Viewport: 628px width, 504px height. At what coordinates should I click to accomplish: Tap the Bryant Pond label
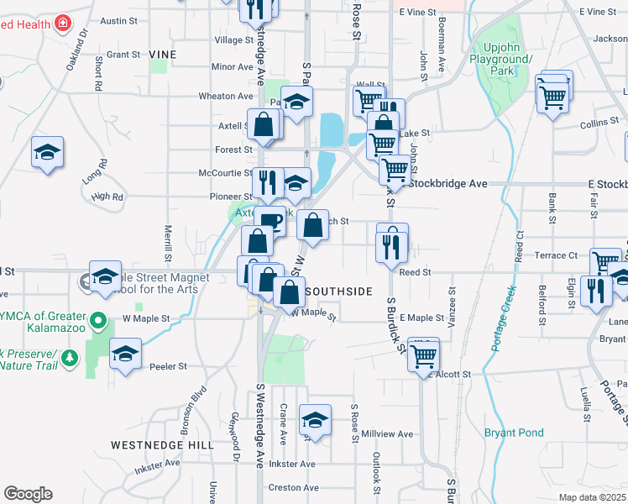point(514,433)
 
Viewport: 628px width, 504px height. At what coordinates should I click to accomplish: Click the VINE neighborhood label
point(163,54)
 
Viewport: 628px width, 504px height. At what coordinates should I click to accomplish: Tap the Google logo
point(28,494)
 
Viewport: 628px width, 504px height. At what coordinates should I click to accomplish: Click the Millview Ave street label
point(395,434)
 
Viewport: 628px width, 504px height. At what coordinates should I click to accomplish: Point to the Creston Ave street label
point(291,487)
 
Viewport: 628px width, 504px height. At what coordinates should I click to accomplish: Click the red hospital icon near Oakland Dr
point(62,24)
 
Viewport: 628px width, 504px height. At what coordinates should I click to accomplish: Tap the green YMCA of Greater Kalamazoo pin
point(98,320)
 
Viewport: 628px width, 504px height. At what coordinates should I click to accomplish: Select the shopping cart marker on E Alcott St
point(422,358)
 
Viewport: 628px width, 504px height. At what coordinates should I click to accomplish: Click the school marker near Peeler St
point(125,354)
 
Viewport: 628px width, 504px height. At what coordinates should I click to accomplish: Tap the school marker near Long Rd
point(48,153)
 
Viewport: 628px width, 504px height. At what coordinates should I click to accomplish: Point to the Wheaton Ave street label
point(227,96)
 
